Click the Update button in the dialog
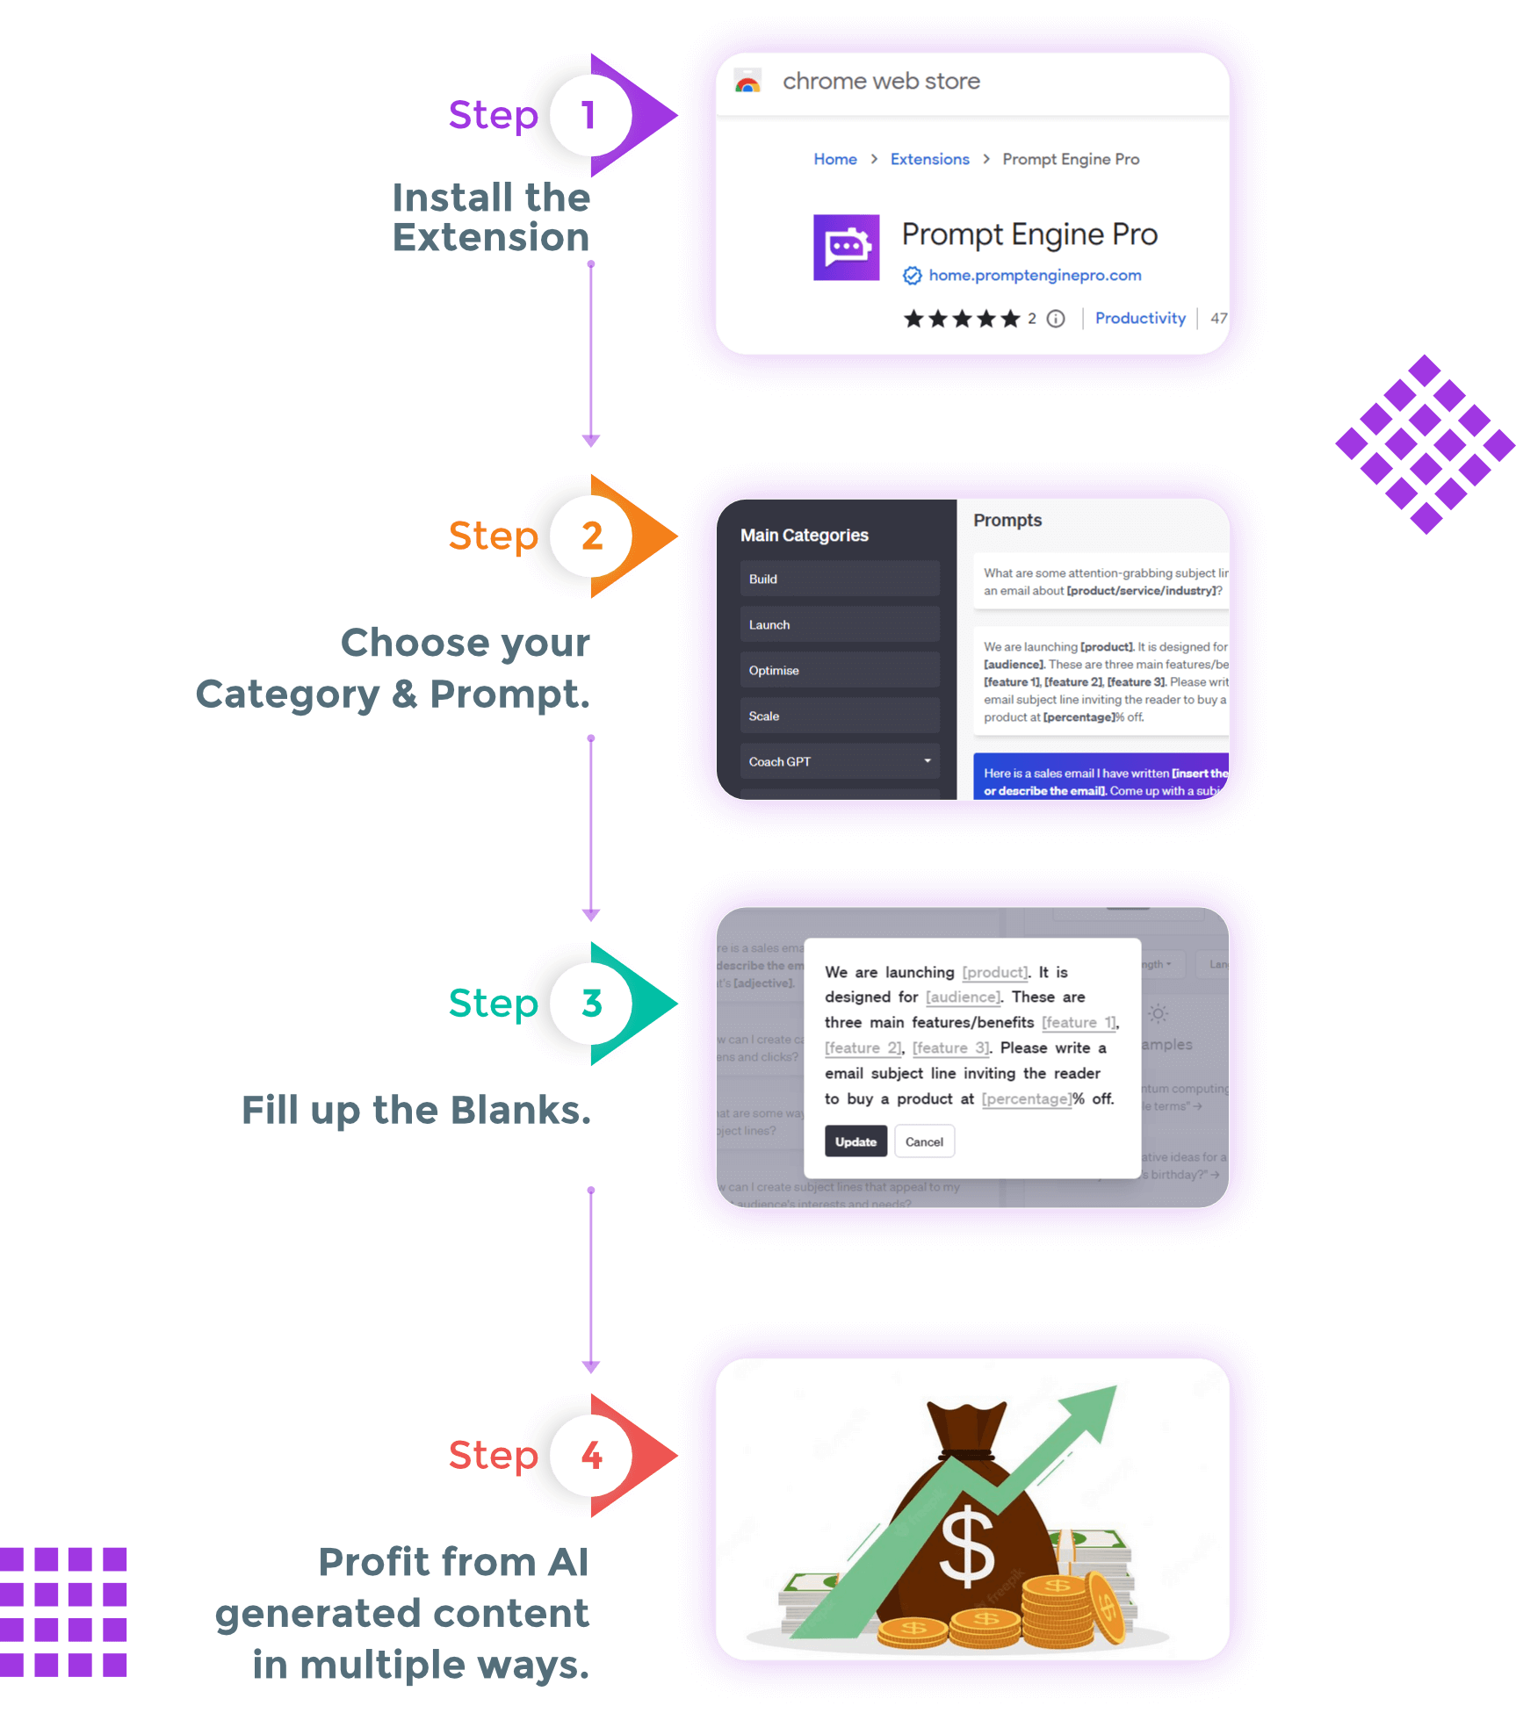855,1141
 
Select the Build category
839,579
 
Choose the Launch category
839,624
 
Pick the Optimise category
839,670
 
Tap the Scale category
839,716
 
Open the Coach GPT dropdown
839,761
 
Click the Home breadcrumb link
834,159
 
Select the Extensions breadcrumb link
929,159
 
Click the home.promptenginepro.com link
1035,276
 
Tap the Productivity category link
1139,318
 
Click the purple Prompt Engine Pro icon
846,248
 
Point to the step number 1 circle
589,115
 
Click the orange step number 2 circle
591,536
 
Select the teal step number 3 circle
591,1003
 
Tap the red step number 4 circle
591,1455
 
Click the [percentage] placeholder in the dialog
1026,1099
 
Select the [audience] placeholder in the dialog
963,997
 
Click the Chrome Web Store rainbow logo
747,83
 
